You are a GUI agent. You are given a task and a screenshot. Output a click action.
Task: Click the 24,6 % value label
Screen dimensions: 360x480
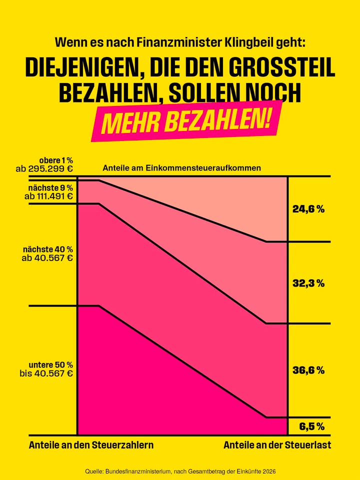(308, 209)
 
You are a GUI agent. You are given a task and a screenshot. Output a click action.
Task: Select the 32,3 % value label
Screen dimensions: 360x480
(308, 283)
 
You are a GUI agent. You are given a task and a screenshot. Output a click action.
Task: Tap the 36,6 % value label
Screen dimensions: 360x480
(308, 370)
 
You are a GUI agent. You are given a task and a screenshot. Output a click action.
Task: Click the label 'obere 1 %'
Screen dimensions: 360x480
(56, 160)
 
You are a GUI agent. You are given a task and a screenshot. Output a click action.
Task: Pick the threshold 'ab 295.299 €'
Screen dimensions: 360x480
(44, 168)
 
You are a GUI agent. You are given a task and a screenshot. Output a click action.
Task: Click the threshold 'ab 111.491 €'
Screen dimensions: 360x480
(48, 196)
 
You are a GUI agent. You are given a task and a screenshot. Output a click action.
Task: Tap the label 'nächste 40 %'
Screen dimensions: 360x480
(48, 249)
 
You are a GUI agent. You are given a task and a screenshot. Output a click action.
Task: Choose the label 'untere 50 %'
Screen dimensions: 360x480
(51, 364)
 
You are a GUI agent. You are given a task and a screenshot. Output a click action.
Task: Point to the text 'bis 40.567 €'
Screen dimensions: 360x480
(46, 373)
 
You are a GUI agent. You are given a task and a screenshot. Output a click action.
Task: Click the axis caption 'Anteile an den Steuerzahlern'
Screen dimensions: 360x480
(91, 444)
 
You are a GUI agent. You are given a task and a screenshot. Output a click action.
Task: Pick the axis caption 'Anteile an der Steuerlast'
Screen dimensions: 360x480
(277, 444)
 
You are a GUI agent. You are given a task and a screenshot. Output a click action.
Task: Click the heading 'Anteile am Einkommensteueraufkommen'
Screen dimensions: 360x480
(181, 168)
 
